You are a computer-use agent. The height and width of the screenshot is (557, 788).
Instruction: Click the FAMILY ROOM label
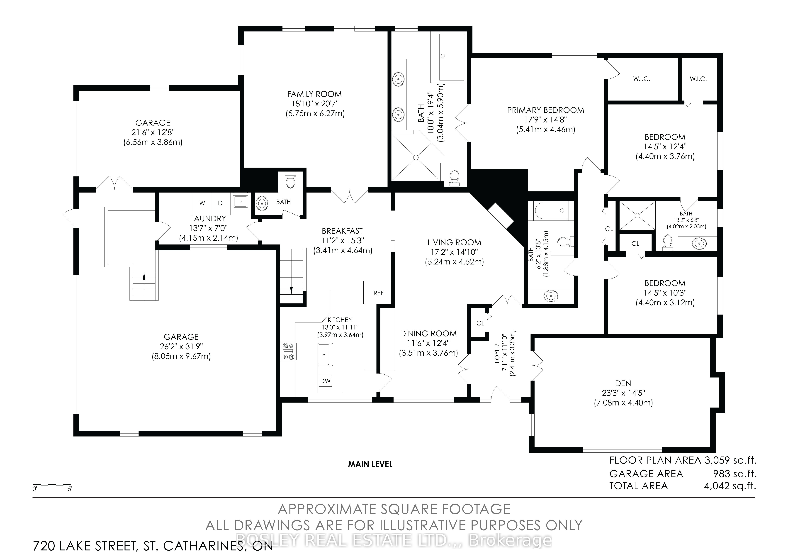(314, 94)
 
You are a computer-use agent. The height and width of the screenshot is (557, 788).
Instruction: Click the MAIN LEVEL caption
(370, 464)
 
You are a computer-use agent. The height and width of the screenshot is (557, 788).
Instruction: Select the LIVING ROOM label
(454, 242)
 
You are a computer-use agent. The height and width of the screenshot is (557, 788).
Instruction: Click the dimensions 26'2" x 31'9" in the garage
(181, 347)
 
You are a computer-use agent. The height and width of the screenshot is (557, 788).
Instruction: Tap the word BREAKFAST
(342, 231)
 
